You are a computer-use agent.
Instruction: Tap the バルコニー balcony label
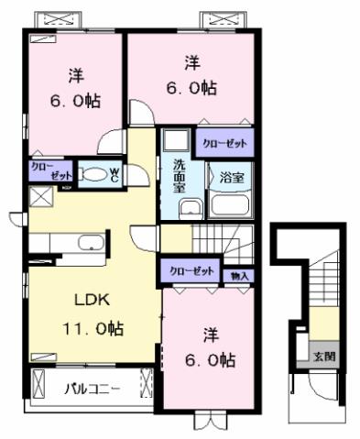pyautogui.click(x=92, y=388)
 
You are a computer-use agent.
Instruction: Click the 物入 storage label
pyautogui.click(x=240, y=274)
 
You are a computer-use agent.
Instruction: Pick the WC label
pyautogui.click(x=115, y=172)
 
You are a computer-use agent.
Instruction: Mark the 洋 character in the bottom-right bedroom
pyautogui.click(x=211, y=334)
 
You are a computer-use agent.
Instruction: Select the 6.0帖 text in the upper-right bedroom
pyautogui.click(x=192, y=89)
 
